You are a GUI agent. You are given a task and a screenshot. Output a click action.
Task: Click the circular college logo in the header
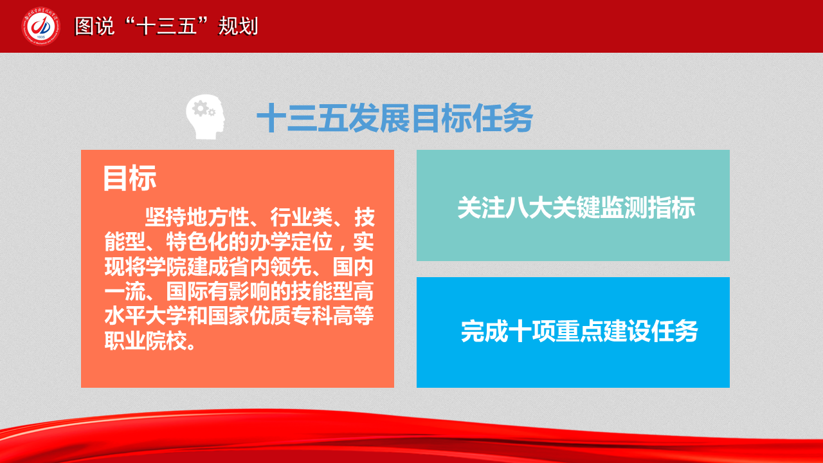[41, 26]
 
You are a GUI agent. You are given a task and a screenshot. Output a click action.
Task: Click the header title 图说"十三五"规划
[167, 26]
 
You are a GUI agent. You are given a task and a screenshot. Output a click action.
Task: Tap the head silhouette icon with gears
[205, 117]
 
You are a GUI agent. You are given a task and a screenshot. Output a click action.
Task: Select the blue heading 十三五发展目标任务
[395, 118]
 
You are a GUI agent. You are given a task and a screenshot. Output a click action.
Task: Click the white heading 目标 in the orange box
[130, 178]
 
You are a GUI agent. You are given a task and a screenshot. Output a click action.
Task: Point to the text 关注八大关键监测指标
[576, 208]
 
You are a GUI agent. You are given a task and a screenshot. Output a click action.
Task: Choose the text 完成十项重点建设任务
[579, 331]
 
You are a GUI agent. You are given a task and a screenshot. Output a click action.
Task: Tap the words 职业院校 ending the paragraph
[145, 341]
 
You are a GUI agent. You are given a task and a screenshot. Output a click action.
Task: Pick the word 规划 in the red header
[238, 26]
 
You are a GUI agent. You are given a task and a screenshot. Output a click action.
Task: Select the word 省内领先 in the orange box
[270, 267]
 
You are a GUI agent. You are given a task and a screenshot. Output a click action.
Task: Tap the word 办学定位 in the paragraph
[291, 242]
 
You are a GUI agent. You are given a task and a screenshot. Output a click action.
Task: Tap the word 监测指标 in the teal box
[647, 208]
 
